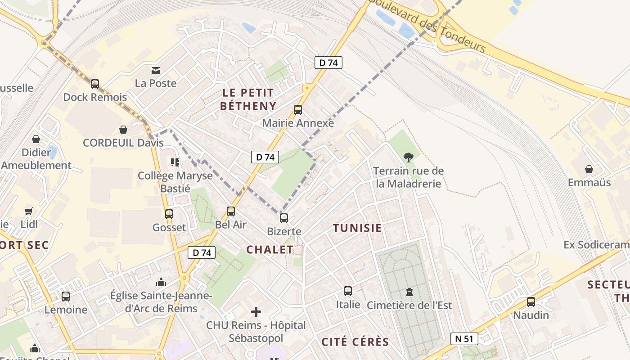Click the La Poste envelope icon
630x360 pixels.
click(156, 70)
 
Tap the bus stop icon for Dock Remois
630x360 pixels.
click(95, 84)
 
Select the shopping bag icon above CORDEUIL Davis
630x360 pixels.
click(123, 130)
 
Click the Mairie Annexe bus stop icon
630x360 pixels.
click(298, 110)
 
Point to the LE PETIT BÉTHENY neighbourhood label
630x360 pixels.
click(247, 99)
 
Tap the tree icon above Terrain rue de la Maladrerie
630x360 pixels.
click(409, 157)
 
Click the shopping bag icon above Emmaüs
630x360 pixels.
click(589, 169)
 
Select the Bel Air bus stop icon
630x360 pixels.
click(231, 211)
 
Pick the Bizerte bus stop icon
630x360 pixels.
click(284, 218)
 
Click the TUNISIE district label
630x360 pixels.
click(357, 228)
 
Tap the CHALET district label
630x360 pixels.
click(270, 250)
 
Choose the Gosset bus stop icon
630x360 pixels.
click(169, 214)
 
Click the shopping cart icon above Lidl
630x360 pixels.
click(29, 211)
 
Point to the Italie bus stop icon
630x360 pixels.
click(348, 291)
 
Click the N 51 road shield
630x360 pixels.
click(464, 339)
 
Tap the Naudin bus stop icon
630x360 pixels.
click(531, 302)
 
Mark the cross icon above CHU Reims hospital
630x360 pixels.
click(256, 311)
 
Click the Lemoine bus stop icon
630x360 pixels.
click(66, 297)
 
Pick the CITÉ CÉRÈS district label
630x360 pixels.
click(355, 342)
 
